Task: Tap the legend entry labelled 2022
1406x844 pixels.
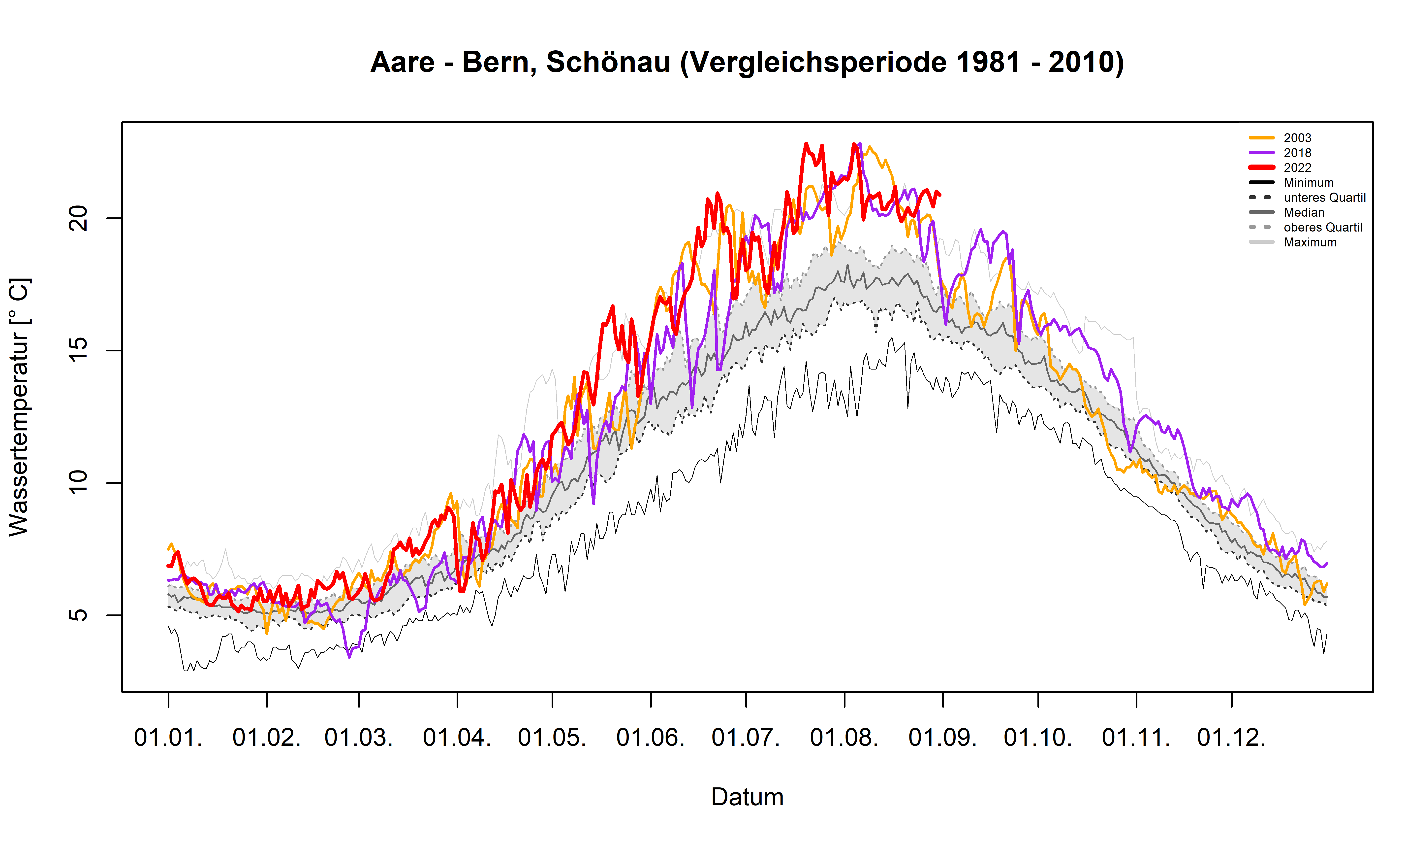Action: (1297, 168)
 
